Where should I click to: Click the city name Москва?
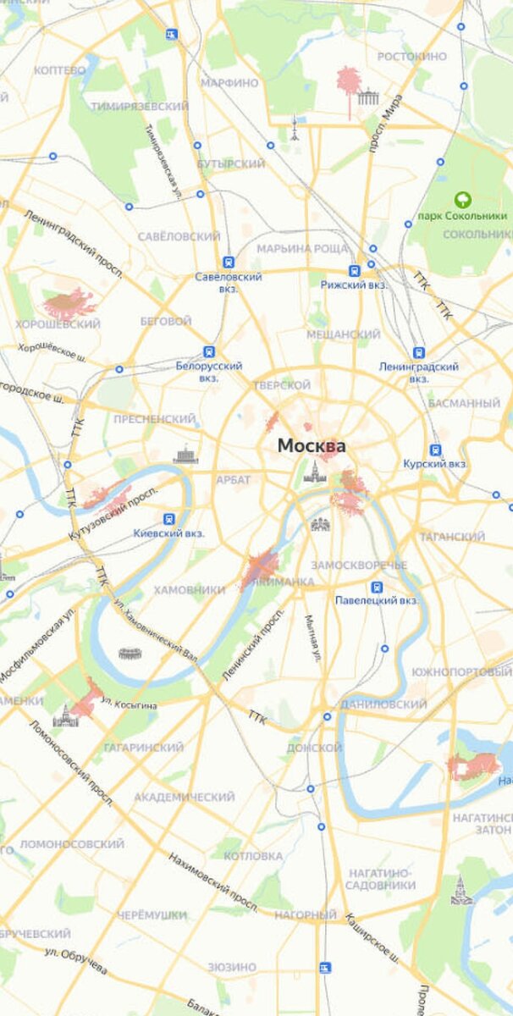[312, 445]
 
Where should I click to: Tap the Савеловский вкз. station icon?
[228, 262]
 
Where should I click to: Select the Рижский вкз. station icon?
[354, 271]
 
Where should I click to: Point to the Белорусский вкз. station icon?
[209, 351]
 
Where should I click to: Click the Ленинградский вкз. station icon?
[419, 352]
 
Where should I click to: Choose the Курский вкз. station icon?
[435, 450]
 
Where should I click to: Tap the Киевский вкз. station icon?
[169, 519]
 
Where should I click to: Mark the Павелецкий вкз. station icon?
[378, 587]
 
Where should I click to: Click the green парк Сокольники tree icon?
[462, 200]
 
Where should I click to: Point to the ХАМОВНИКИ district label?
[188, 589]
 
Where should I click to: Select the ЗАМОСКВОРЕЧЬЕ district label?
[359, 565]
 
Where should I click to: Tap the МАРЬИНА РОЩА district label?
[302, 249]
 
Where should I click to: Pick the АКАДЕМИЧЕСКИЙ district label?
[184, 797]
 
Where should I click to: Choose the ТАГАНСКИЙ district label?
[450, 537]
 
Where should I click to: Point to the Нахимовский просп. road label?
[212, 881]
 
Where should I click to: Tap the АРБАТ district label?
[233, 480]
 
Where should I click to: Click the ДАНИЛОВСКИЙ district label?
[383, 704]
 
